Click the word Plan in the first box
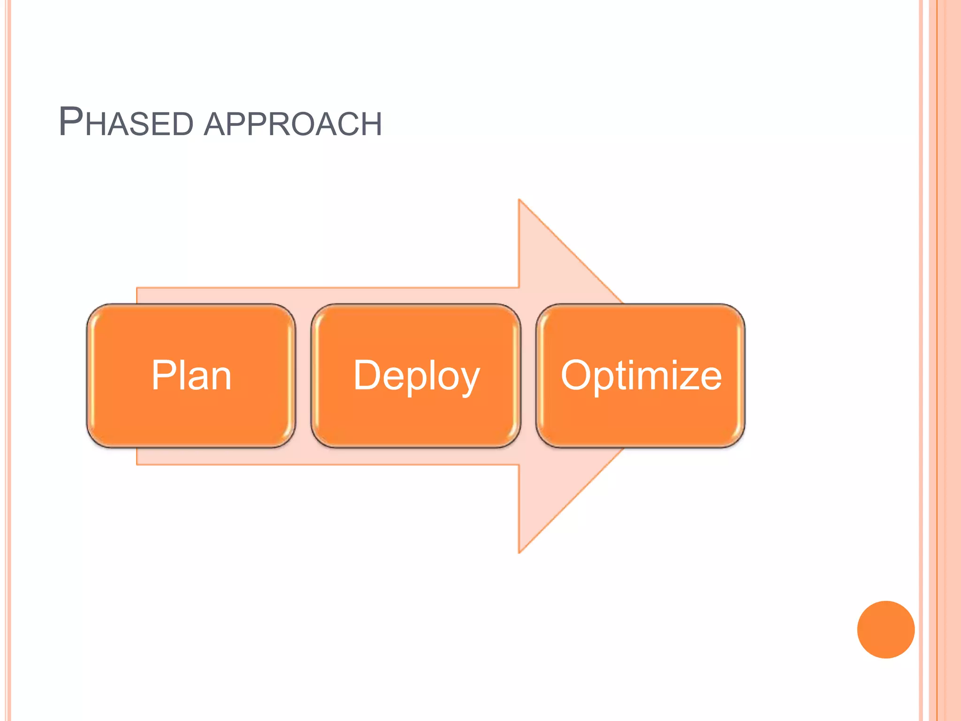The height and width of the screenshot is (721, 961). pos(191,375)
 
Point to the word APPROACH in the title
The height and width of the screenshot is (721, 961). pos(293,124)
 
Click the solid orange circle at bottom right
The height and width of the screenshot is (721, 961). pos(885,629)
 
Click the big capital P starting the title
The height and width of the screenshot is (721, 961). pos(71,122)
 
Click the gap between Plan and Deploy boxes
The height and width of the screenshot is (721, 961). pos(303,376)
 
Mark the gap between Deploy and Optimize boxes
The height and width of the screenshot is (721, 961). pos(528,376)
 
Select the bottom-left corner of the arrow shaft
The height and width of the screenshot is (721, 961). pos(137,464)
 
